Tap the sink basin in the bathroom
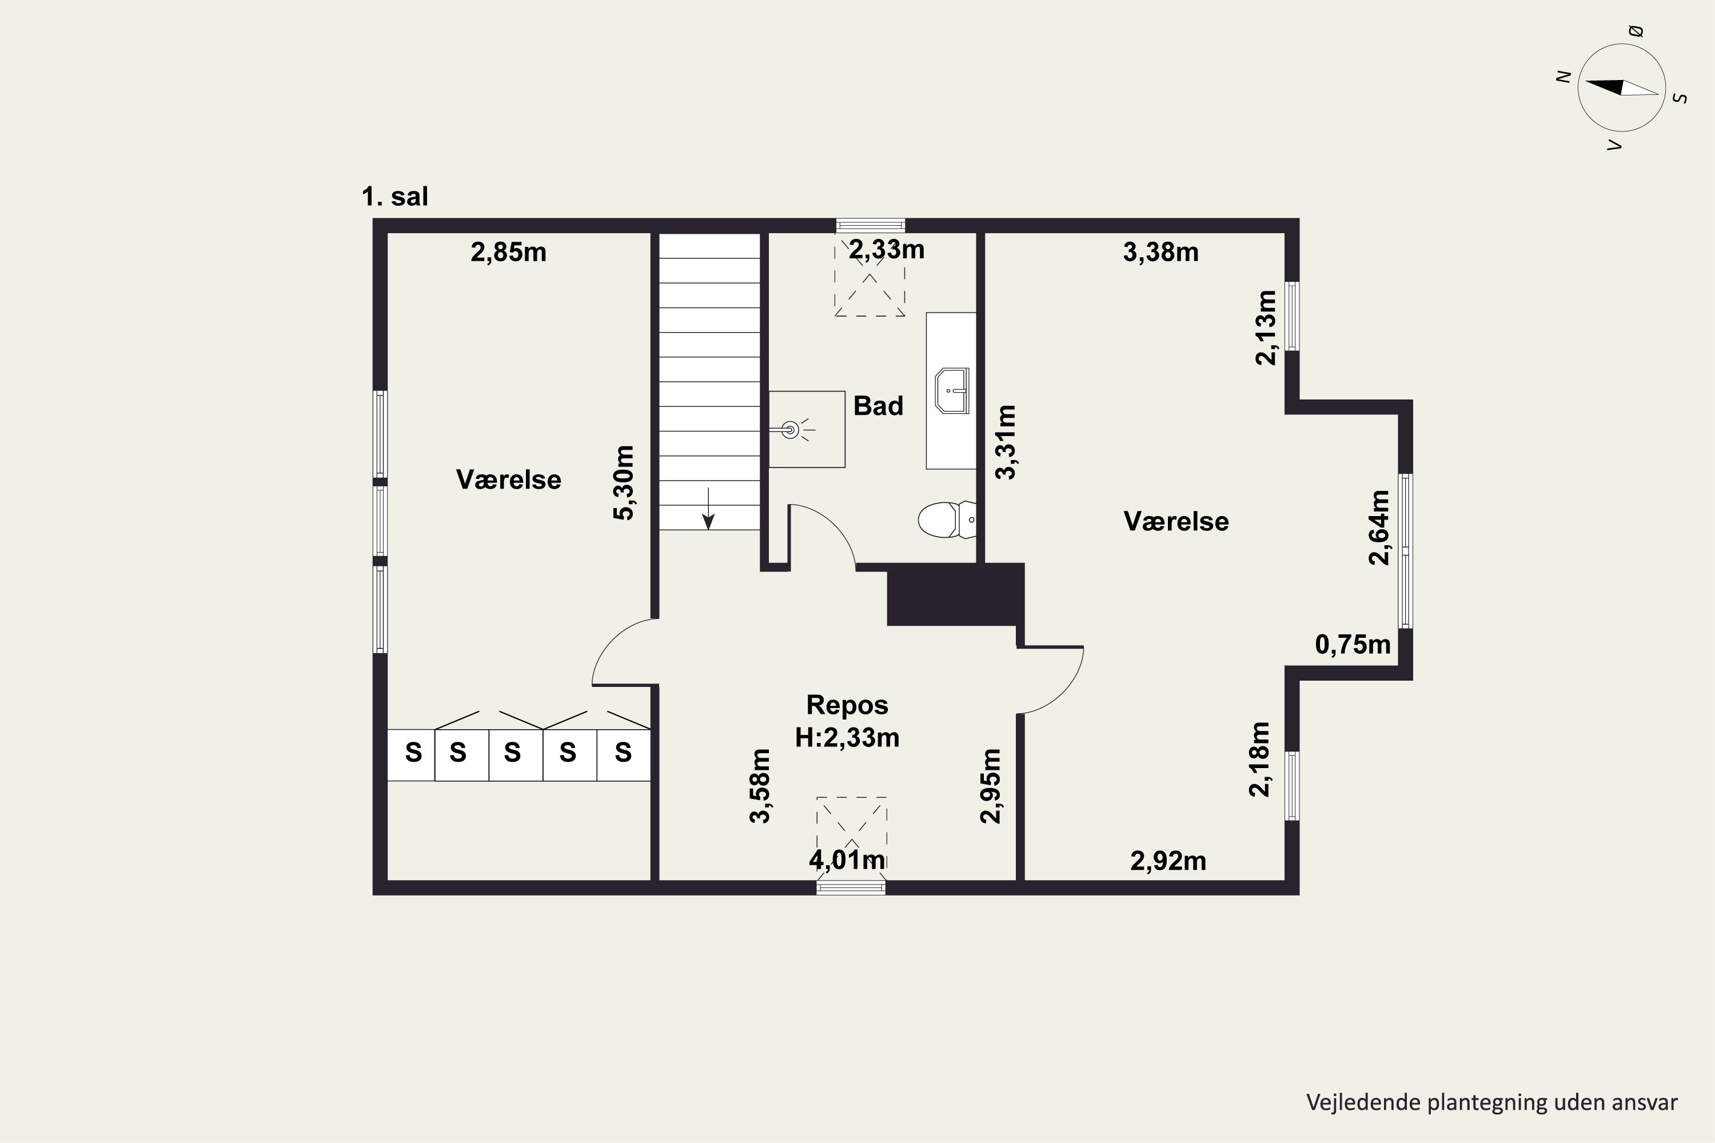tap(952, 391)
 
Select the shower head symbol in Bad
tap(791, 430)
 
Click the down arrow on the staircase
tap(708, 508)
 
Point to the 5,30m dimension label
tap(624, 482)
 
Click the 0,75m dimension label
tap(1353, 645)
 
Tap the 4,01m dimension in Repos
tap(847, 860)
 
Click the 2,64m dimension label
tap(1379, 527)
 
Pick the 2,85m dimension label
tap(508, 252)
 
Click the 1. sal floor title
tap(395, 197)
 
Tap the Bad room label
tap(878, 405)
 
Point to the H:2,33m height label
tap(847, 738)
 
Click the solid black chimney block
tap(955, 594)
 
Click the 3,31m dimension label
tap(1006, 442)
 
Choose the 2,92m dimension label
tap(1168, 862)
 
